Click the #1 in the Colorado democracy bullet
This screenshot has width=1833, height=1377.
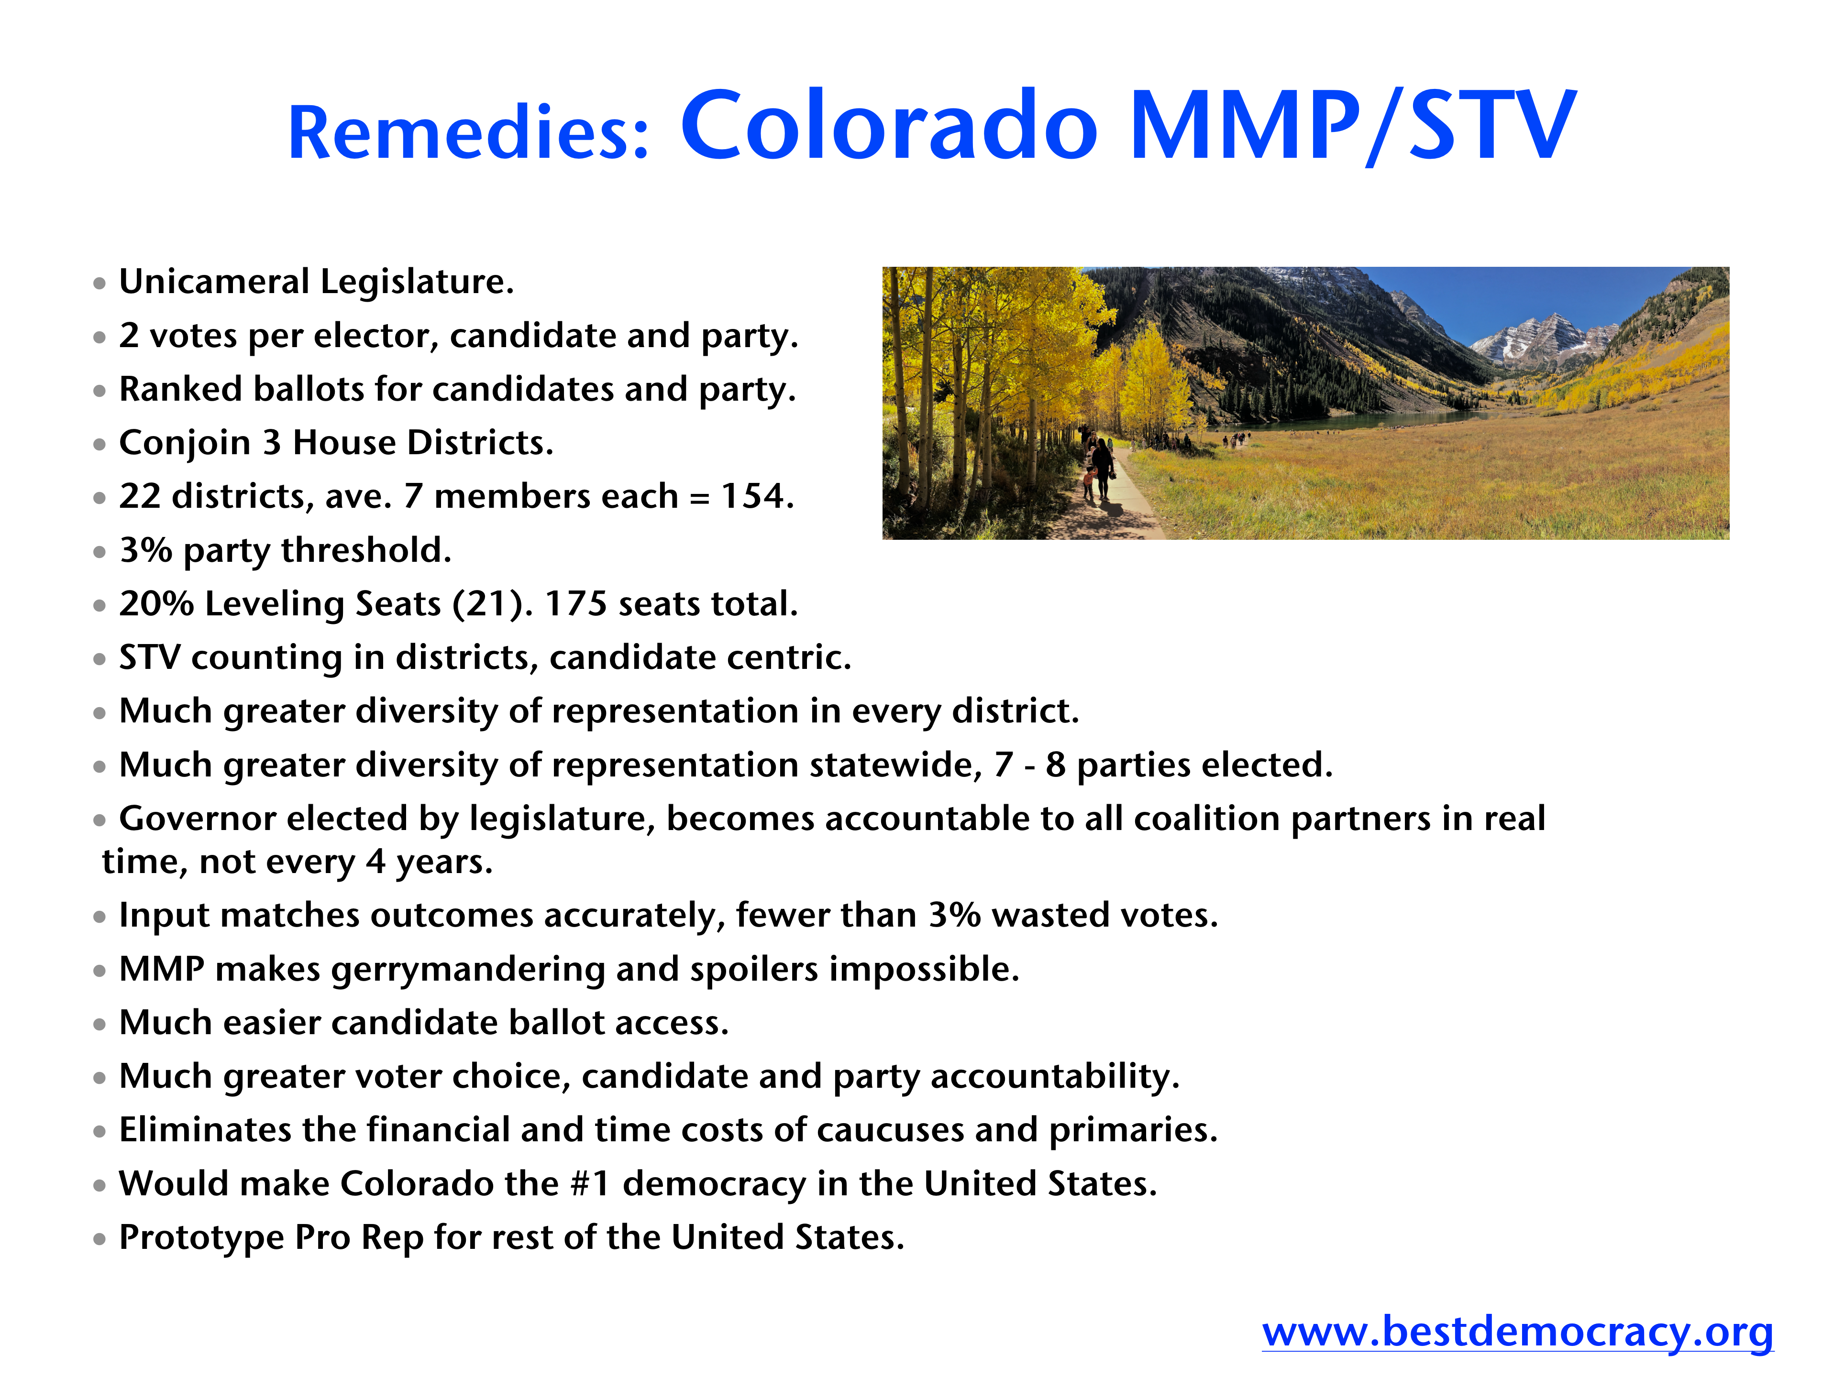pyautogui.click(x=591, y=1183)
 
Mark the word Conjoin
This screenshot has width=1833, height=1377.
pyautogui.click(x=185, y=443)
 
